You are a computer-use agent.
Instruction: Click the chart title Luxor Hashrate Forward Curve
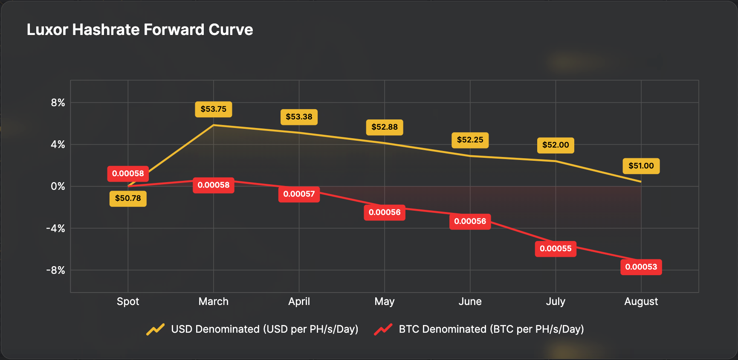[140, 30]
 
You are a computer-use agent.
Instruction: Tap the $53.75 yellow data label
[214, 109]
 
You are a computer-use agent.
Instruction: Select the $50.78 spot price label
[128, 198]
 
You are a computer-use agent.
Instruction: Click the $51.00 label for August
[641, 166]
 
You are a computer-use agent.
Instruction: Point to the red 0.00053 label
[641, 267]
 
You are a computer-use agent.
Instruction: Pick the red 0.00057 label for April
[299, 194]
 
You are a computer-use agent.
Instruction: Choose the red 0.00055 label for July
[555, 249]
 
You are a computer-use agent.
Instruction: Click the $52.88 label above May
[384, 127]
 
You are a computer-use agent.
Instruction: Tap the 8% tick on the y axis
[58, 103]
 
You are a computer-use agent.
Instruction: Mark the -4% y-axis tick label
[56, 229]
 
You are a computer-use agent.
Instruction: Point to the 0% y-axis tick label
[58, 186]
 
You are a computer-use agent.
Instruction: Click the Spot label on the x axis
[128, 302]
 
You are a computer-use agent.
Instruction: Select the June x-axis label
[470, 302]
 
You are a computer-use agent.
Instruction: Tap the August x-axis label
[641, 302]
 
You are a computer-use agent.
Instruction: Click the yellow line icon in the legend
[156, 329]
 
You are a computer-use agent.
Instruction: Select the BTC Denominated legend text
[491, 329]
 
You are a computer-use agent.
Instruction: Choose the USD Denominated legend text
[264, 329]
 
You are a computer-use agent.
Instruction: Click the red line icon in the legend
[383, 329]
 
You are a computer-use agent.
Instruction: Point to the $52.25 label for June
[470, 140]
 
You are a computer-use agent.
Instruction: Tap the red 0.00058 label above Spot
[128, 174]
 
